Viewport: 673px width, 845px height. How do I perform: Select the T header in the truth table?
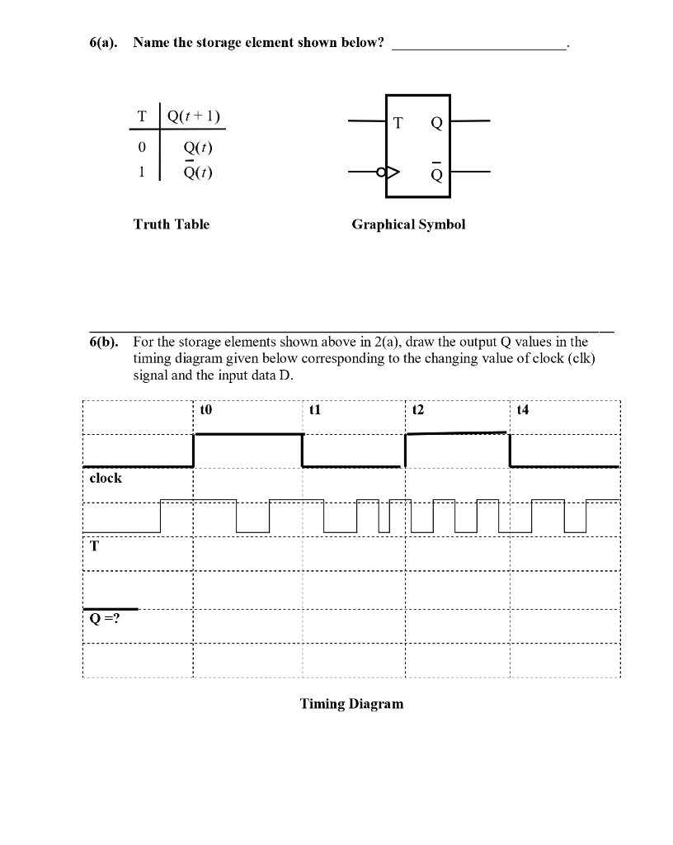click(142, 116)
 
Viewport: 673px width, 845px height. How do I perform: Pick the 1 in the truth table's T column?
click(142, 172)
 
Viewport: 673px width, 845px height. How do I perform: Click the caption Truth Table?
click(172, 224)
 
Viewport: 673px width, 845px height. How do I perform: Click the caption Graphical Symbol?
click(408, 224)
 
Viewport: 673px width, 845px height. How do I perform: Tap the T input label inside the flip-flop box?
click(398, 124)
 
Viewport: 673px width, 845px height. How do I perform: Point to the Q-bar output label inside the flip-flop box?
click(436, 173)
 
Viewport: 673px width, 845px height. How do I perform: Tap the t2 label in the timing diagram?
click(417, 408)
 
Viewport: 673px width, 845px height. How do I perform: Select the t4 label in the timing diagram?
click(522, 408)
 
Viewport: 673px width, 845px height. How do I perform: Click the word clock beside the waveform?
click(106, 478)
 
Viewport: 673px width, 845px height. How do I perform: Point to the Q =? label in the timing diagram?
click(105, 619)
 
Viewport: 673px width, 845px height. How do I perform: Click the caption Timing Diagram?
click(352, 704)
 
